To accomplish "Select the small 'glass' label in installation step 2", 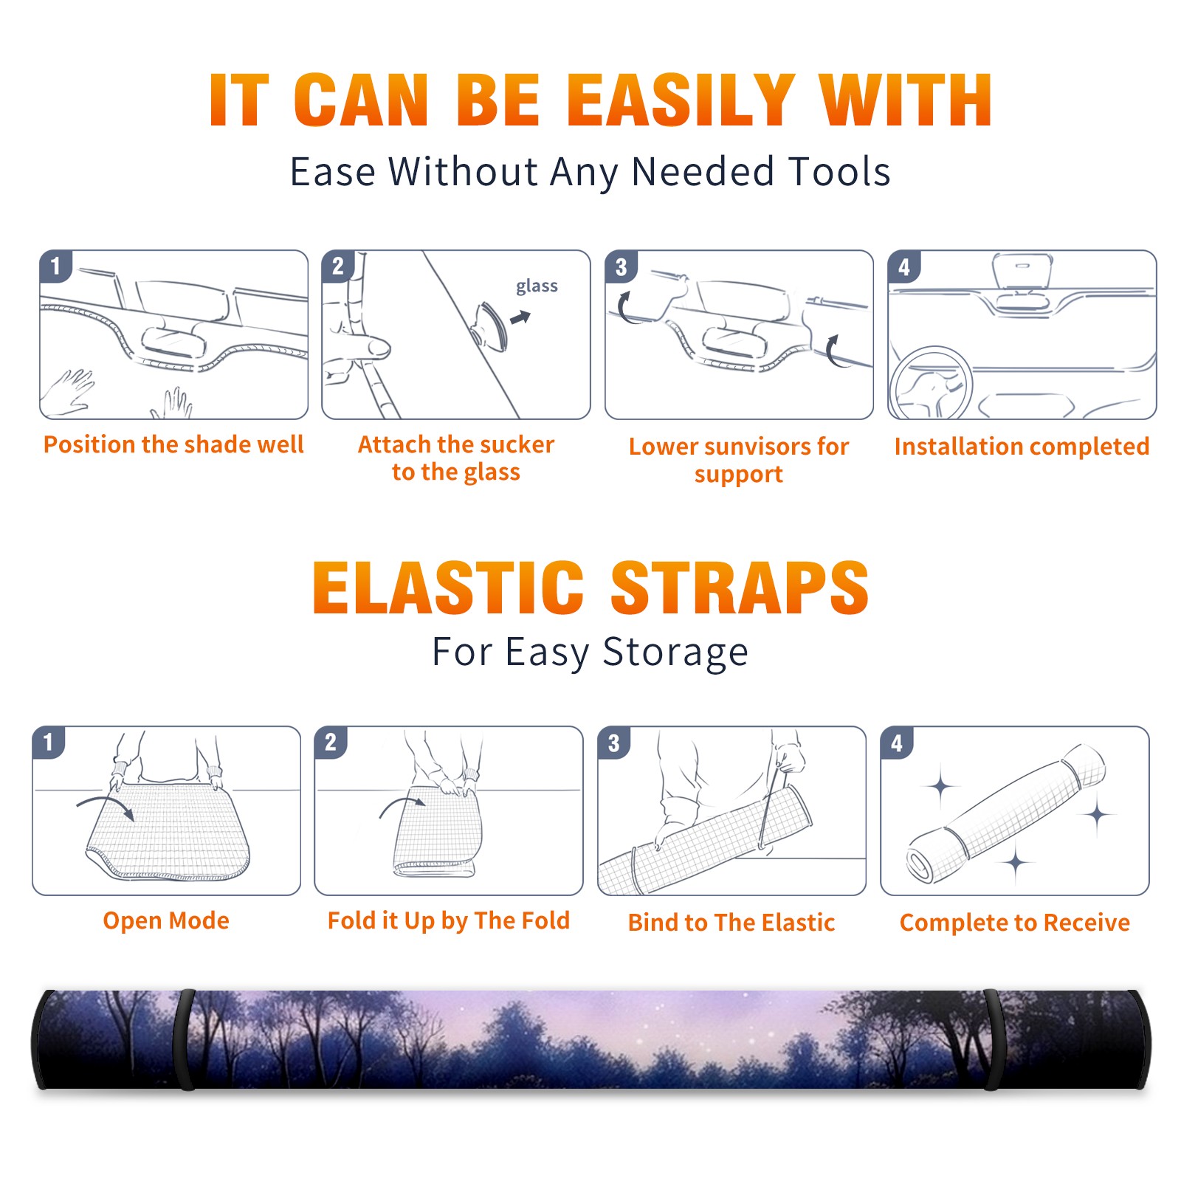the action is [x=537, y=286].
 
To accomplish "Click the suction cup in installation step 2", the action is [x=491, y=326].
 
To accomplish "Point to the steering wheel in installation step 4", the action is [x=930, y=383].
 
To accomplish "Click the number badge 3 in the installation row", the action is [x=621, y=266].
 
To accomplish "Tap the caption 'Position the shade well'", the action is [x=173, y=444].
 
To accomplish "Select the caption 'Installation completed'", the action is [x=1022, y=446].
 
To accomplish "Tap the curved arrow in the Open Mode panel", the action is [x=106, y=805].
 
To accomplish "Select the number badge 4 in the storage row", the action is [x=897, y=743].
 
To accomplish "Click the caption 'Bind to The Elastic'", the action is [x=731, y=923].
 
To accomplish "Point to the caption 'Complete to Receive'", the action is [x=1015, y=923].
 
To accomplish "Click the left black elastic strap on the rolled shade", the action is [x=185, y=1039].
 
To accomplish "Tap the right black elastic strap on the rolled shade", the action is [x=993, y=1039].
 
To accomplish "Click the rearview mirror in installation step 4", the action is [x=1022, y=272].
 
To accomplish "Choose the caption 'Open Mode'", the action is [x=166, y=920].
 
